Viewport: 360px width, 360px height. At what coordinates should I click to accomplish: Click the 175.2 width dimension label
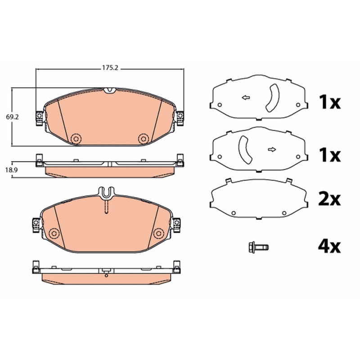tap(110, 68)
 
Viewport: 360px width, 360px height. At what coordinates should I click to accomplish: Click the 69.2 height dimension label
tap(13, 117)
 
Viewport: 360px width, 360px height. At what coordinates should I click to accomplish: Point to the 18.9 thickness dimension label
tap(12, 170)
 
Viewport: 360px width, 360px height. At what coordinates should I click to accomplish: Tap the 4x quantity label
tap(329, 246)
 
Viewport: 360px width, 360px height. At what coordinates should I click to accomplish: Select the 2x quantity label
tap(329, 199)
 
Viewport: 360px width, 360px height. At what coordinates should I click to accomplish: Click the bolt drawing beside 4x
tap(258, 247)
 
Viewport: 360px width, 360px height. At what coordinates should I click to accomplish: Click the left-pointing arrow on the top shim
tap(246, 98)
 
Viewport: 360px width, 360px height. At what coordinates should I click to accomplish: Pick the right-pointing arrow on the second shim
tap(272, 149)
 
